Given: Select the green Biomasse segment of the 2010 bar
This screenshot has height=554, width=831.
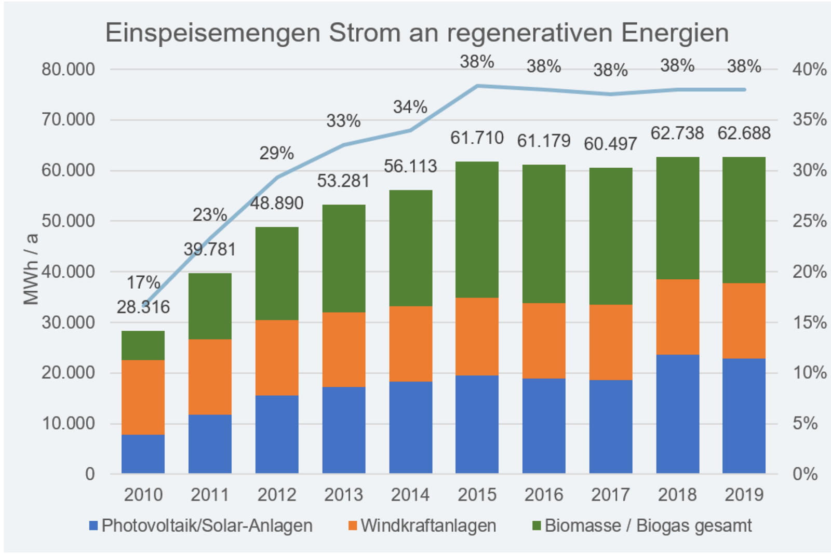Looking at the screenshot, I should [x=143, y=345].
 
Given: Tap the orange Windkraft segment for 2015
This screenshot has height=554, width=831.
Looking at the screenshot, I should [x=477, y=336].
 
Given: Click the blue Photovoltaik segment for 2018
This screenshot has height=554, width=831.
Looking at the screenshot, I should [x=677, y=414].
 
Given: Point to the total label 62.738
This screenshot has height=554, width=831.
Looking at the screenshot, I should [x=677, y=133].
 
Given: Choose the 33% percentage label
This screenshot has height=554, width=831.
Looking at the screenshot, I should [x=343, y=121].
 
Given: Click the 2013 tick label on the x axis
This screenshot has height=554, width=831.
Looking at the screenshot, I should [x=343, y=495].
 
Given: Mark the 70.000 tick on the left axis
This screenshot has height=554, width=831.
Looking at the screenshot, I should [x=69, y=120].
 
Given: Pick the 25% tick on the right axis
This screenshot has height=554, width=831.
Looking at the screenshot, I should [x=809, y=221].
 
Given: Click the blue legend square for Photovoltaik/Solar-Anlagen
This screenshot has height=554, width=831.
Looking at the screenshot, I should [x=93, y=525].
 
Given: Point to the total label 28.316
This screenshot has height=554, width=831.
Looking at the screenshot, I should [x=143, y=307].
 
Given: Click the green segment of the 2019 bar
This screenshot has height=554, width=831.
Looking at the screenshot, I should [x=744, y=220].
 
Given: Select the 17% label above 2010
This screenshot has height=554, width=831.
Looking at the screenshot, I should [x=143, y=283].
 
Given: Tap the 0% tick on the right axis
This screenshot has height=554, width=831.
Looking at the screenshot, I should [x=805, y=474].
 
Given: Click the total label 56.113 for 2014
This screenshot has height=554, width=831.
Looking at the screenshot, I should [x=410, y=167].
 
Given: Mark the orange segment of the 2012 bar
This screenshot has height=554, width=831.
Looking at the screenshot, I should [x=277, y=357].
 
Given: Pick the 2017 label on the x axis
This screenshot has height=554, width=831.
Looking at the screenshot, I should [x=610, y=495].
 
